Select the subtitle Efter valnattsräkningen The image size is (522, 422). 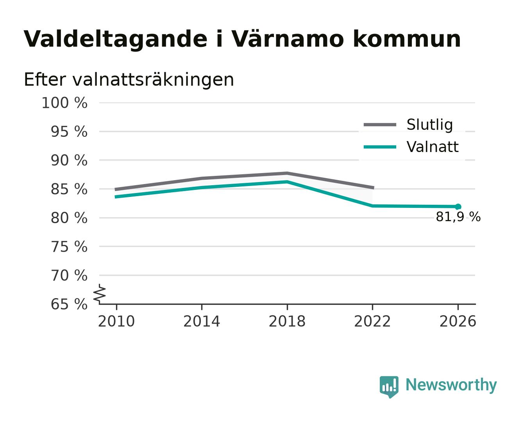[129, 80]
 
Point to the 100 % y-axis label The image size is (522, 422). [64, 103]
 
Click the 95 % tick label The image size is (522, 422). [69, 132]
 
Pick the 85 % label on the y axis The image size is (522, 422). [69, 189]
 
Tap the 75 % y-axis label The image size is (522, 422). [69, 247]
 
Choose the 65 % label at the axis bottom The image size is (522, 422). [69, 304]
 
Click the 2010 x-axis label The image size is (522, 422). [116, 321]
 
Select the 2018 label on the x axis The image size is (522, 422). [287, 321]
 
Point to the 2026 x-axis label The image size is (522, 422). [458, 321]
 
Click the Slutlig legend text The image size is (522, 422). [429, 125]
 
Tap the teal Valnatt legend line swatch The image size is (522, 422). [380, 147]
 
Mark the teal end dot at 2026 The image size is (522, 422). [458, 207]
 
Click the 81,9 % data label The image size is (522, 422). [458, 217]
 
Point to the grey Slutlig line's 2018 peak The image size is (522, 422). [287, 173]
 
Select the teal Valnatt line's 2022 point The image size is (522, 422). [372, 206]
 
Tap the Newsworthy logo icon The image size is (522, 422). [389, 387]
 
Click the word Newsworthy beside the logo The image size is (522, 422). [451, 385]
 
